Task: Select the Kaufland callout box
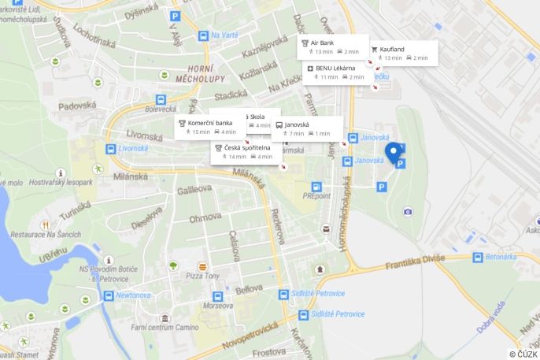(402, 53)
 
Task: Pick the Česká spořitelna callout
(244, 151)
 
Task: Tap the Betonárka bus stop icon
(478, 258)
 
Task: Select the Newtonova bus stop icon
(109, 296)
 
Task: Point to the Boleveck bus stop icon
(161, 100)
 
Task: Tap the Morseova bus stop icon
(218, 297)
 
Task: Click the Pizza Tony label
(203, 275)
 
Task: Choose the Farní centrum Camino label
(165, 326)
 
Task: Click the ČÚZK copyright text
(523, 354)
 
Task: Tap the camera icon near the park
(408, 211)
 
